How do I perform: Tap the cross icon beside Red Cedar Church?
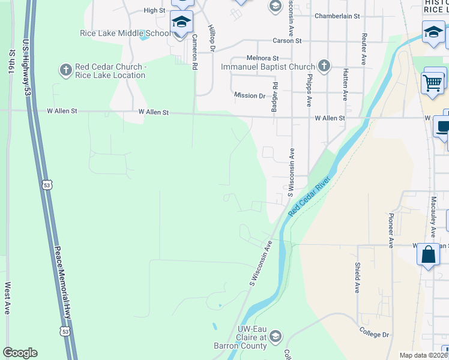click(x=66, y=70)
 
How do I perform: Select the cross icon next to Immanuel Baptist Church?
click(x=324, y=65)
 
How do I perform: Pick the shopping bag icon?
click(x=429, y=254)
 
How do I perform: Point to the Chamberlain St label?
click(x=337, y=16)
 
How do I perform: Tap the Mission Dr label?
click(x=249, y=95)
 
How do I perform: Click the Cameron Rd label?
click(x=194, y=52)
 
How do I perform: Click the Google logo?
click(x=20, y=353)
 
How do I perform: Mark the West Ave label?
click(x=8, y=299)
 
